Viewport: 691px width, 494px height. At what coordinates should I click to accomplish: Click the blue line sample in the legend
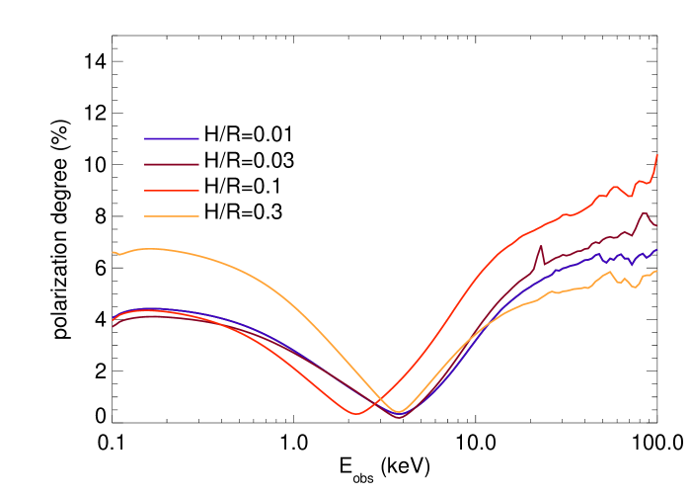click(x=172, y=138)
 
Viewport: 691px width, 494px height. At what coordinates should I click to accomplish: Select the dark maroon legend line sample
click(x=172, y=164)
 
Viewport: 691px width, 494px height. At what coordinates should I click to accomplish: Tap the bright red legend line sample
click(x=172, y=191)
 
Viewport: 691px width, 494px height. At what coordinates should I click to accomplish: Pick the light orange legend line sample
click(x=172, y=216)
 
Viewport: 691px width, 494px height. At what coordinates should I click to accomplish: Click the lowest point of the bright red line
click(x=355, y=414)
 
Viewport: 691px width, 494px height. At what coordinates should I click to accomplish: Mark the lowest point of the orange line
click(x=399, y=412)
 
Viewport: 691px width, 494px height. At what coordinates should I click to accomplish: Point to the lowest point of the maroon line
click(x=401, y=418)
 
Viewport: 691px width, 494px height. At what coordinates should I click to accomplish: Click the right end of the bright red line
click(x=657, y=155)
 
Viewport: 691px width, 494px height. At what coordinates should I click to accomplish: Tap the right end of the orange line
click(x=656, y=271)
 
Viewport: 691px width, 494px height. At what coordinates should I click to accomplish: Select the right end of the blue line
click(x=657, y=250)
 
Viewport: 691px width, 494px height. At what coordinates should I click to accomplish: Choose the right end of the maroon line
click(x=656, y=226)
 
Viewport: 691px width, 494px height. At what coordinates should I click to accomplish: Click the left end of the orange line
click(x=113, y=252)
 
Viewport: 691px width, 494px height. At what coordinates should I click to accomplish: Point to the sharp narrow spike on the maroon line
click(x=541, y=246)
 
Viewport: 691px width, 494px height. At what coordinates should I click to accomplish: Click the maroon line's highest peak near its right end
click(x=645, y=213)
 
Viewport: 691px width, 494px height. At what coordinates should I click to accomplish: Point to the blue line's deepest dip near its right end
click(x=632, y=264)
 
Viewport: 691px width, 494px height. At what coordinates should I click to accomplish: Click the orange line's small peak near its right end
click(x=610, y=271)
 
